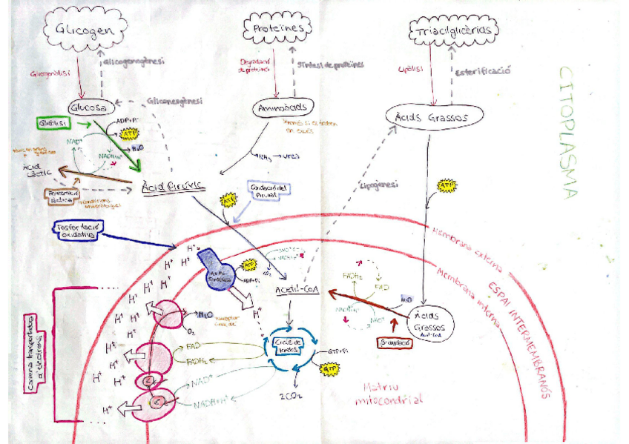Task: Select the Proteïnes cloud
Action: (x=274, y=29)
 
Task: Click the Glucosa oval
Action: (x=93, y=106)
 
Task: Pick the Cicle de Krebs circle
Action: (x=292, y=343)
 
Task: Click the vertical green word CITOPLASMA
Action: (x=567, y=133)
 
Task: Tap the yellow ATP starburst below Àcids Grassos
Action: (x=447, y=186)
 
